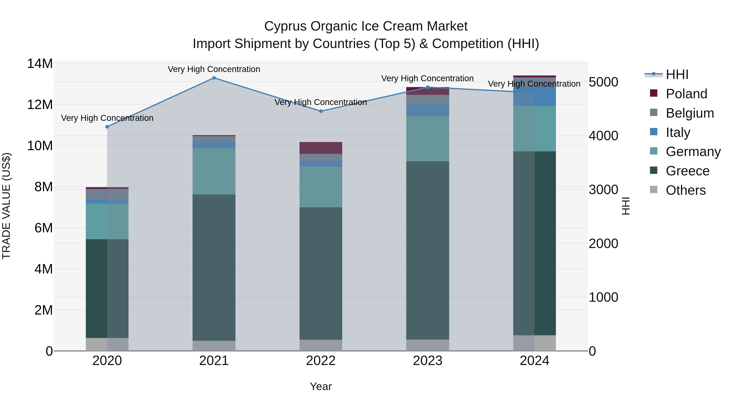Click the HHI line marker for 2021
pos(214,78)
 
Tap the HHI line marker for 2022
pos(321,111)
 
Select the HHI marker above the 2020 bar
pos(107,127)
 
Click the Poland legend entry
pos(686,94)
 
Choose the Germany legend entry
pos(693,152)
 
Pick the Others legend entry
pos(685,190)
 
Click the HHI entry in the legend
pos(677,74)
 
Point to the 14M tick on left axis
pos(40,64)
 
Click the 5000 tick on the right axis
pos(603,82)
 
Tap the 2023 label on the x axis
pos(427,361)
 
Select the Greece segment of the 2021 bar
pos(214,267)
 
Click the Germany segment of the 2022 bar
pos(321,187)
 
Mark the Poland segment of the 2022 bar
pos(321,148)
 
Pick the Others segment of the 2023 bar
pos(427,345)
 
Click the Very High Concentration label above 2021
pos(214,69)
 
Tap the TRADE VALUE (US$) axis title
pos(6,206)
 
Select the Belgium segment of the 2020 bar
pos(107,194)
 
